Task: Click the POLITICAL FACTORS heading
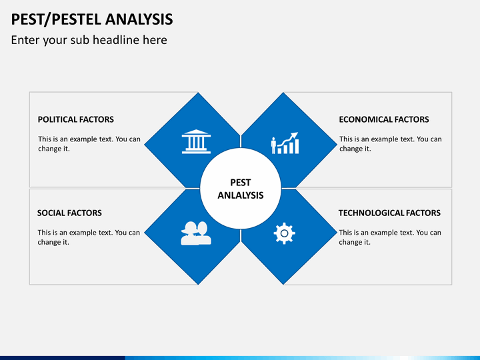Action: click(x=75, y=119)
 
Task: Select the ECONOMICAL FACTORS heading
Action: click(x=384, y=119)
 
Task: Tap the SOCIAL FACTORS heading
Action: click(x=69, y=213)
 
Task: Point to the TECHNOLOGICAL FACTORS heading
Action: click(x=389, y=213)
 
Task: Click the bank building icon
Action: click(x=196, y=141)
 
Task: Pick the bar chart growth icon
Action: click(x=285, y=143)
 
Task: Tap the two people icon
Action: click(x=196, y=233)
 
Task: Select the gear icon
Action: click(x=285, y=233)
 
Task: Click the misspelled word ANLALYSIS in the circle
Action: click(x=241, y=195)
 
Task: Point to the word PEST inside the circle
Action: click(x=241, y=183)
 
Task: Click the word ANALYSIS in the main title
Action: click(x=139, y=19)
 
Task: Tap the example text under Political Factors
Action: click(x=89, y=143)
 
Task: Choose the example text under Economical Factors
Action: click(x=390, y=143)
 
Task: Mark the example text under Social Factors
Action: click(x=89, y=237)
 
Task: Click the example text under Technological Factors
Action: click(x=390, y=237)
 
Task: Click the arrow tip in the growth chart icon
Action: click(x=297, y=133)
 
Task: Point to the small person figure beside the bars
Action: click(x=273, y=145)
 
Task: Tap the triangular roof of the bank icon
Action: click(x=196, y=132)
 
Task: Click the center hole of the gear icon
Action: click(x=285, y=233)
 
